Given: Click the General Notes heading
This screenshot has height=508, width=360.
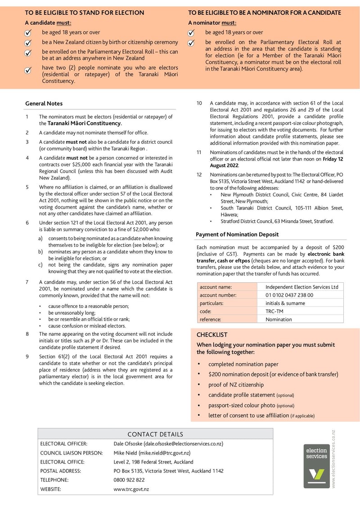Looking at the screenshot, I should (x=44, y=103).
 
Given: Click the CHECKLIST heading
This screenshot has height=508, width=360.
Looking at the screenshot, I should (x=211, y=335).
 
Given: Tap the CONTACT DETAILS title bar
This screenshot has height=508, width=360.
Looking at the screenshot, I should (x=155, y=434).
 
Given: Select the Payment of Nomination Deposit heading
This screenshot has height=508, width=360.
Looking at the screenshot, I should (x=237, y=234).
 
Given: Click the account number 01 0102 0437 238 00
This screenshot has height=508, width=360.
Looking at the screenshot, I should (x=289, y=295).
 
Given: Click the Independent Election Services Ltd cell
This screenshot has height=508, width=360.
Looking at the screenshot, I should (x=301, y=287).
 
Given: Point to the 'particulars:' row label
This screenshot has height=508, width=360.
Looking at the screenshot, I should (x=211, y=303).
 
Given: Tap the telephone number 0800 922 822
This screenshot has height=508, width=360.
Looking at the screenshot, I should (x=129, y=480).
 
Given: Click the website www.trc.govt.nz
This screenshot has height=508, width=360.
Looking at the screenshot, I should (x=131, y=489).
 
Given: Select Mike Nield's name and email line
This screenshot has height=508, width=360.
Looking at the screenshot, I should (x=152, y=453).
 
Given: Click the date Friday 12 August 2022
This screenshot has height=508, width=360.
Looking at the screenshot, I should (x=276, y=162).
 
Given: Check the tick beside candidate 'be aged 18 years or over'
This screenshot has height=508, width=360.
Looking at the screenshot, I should (x=28, y=33).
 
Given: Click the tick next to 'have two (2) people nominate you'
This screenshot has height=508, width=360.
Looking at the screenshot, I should (x=28, y=70).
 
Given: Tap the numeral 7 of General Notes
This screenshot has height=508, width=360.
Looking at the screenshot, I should (x=27, y=282).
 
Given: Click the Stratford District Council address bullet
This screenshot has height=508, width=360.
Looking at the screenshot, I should (x=276, y=221).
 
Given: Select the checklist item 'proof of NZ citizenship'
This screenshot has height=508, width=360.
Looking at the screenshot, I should (x=236, y=385).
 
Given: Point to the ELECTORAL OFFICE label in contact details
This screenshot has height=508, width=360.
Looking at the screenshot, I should (x=60, y=462).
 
